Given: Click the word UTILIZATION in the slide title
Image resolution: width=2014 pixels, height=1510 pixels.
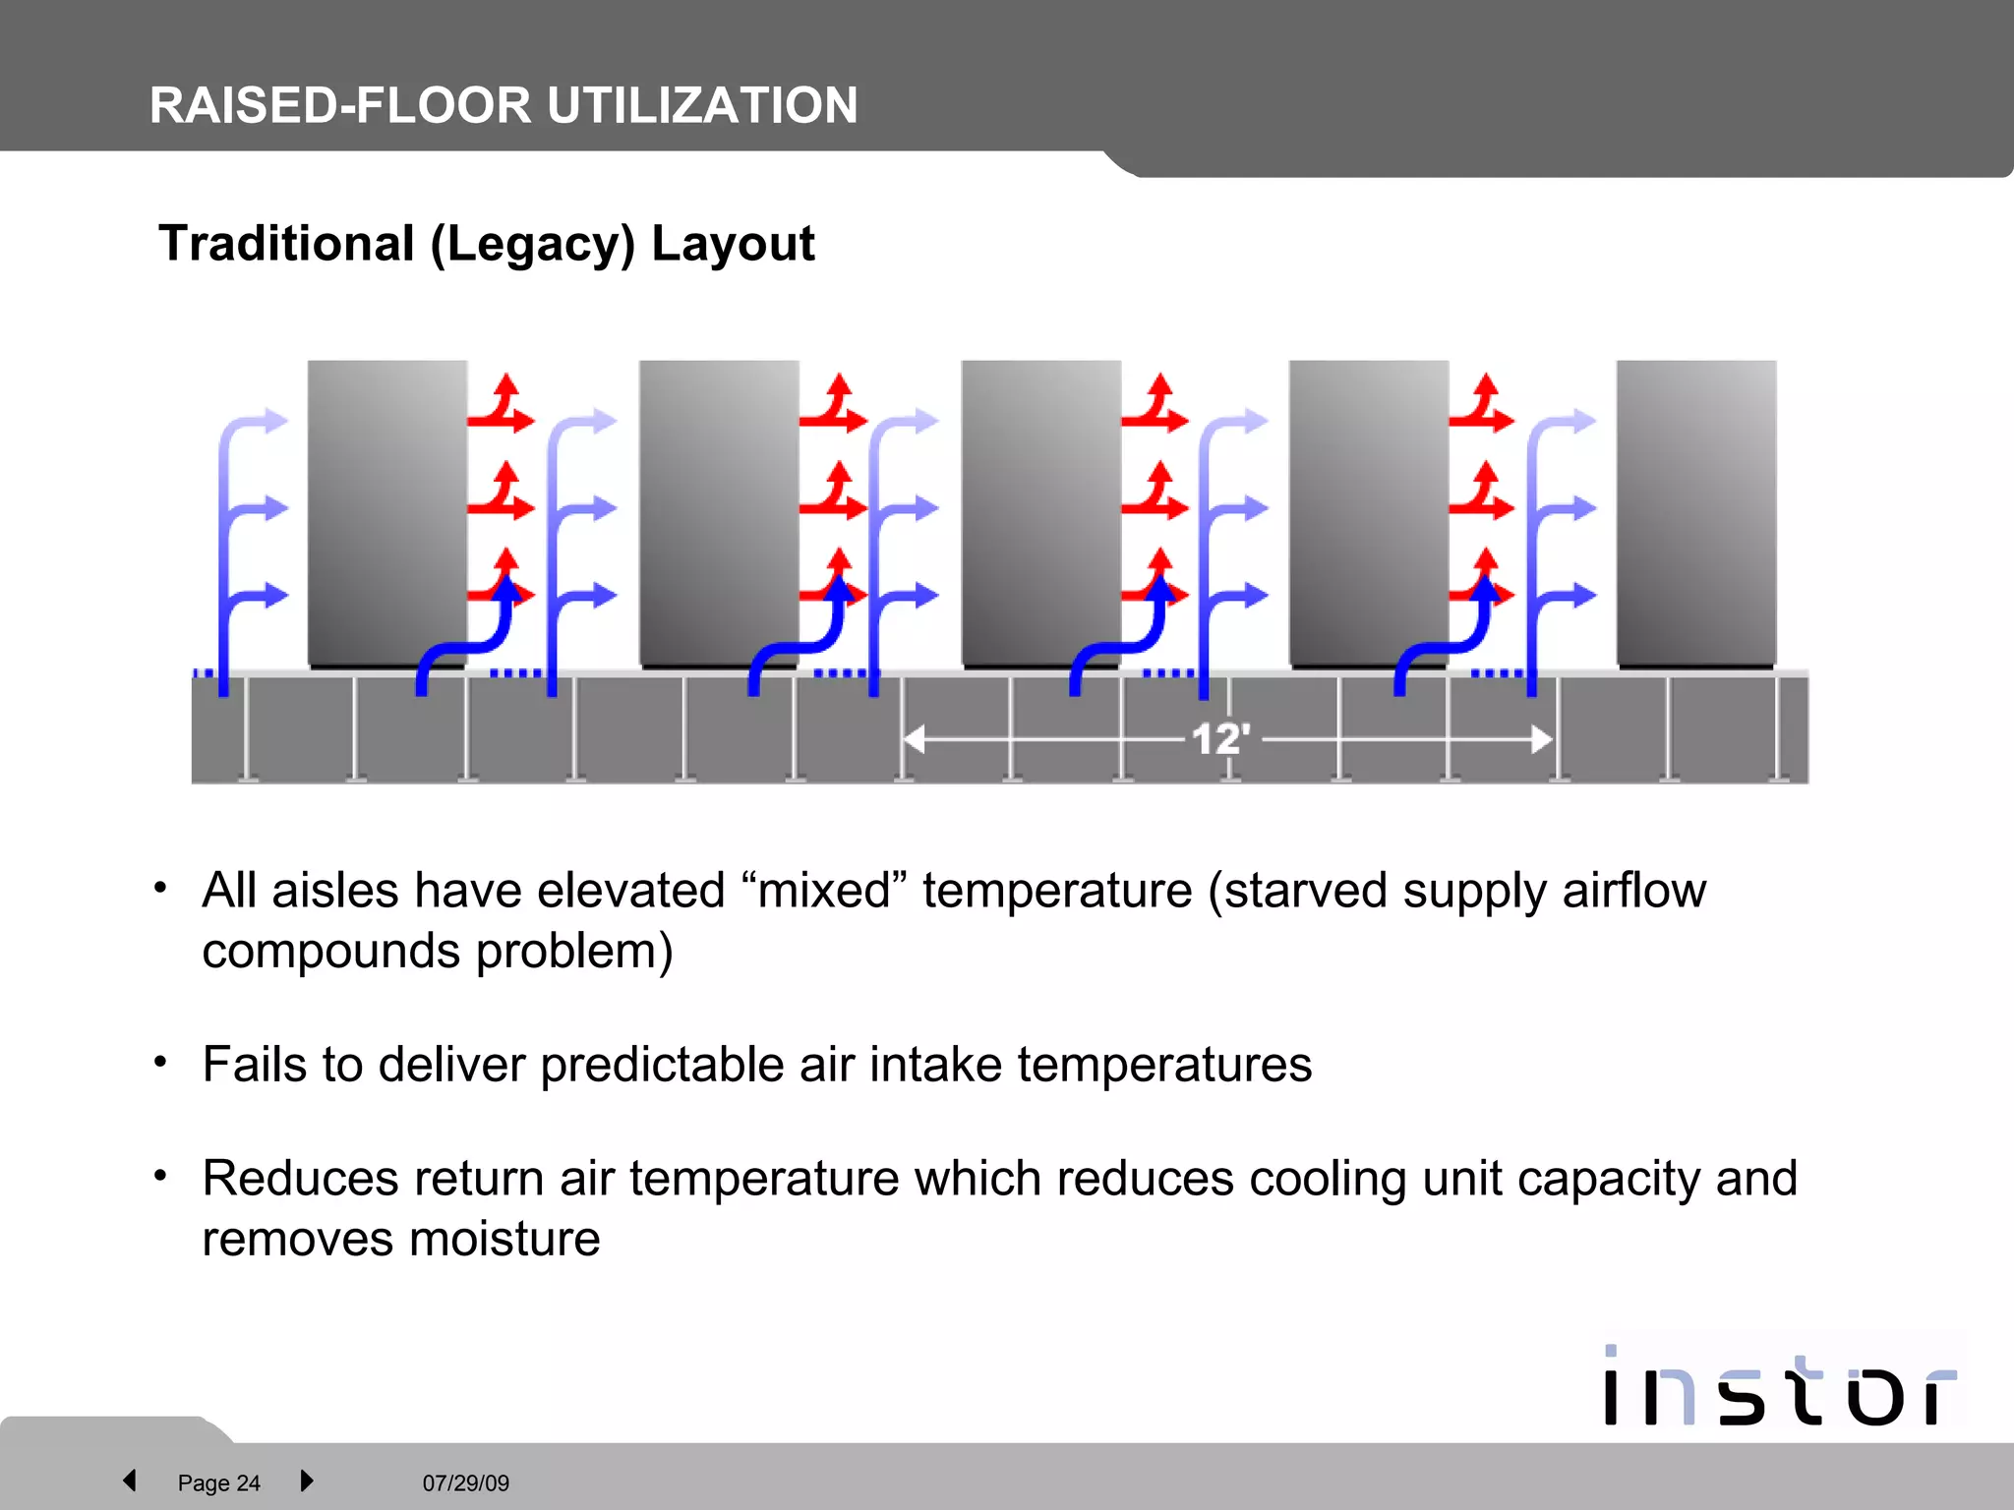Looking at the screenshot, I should tap(702, 105).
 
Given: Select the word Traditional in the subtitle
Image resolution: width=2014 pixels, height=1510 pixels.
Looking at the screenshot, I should tap(286, 243).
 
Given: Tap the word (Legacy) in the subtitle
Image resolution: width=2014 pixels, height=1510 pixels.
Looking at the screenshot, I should tap(533, 245).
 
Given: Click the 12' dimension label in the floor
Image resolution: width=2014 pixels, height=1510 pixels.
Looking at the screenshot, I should tap(1220, 739).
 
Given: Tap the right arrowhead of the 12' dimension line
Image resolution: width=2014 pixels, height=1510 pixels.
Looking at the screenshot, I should tap(1541, 739).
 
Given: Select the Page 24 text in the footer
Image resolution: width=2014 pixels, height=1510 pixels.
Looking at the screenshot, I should tap(218, 1483).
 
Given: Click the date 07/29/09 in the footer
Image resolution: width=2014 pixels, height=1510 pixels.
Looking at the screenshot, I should tap(466, 1483).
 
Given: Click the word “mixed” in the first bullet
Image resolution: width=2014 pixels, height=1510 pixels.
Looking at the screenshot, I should tap(824, 891).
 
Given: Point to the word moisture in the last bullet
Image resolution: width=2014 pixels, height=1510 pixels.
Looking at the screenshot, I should tap(504, 1239).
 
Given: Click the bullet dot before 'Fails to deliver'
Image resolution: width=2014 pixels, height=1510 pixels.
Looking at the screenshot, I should tap(161, 1062).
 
